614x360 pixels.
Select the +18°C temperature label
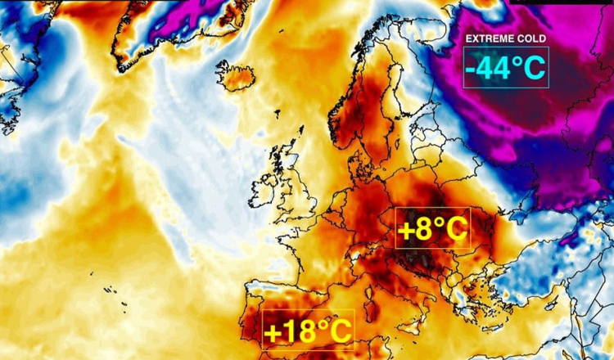click(308, 331)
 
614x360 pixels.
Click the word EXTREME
click(489, 38)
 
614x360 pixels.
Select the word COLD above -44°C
click(530, 38)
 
